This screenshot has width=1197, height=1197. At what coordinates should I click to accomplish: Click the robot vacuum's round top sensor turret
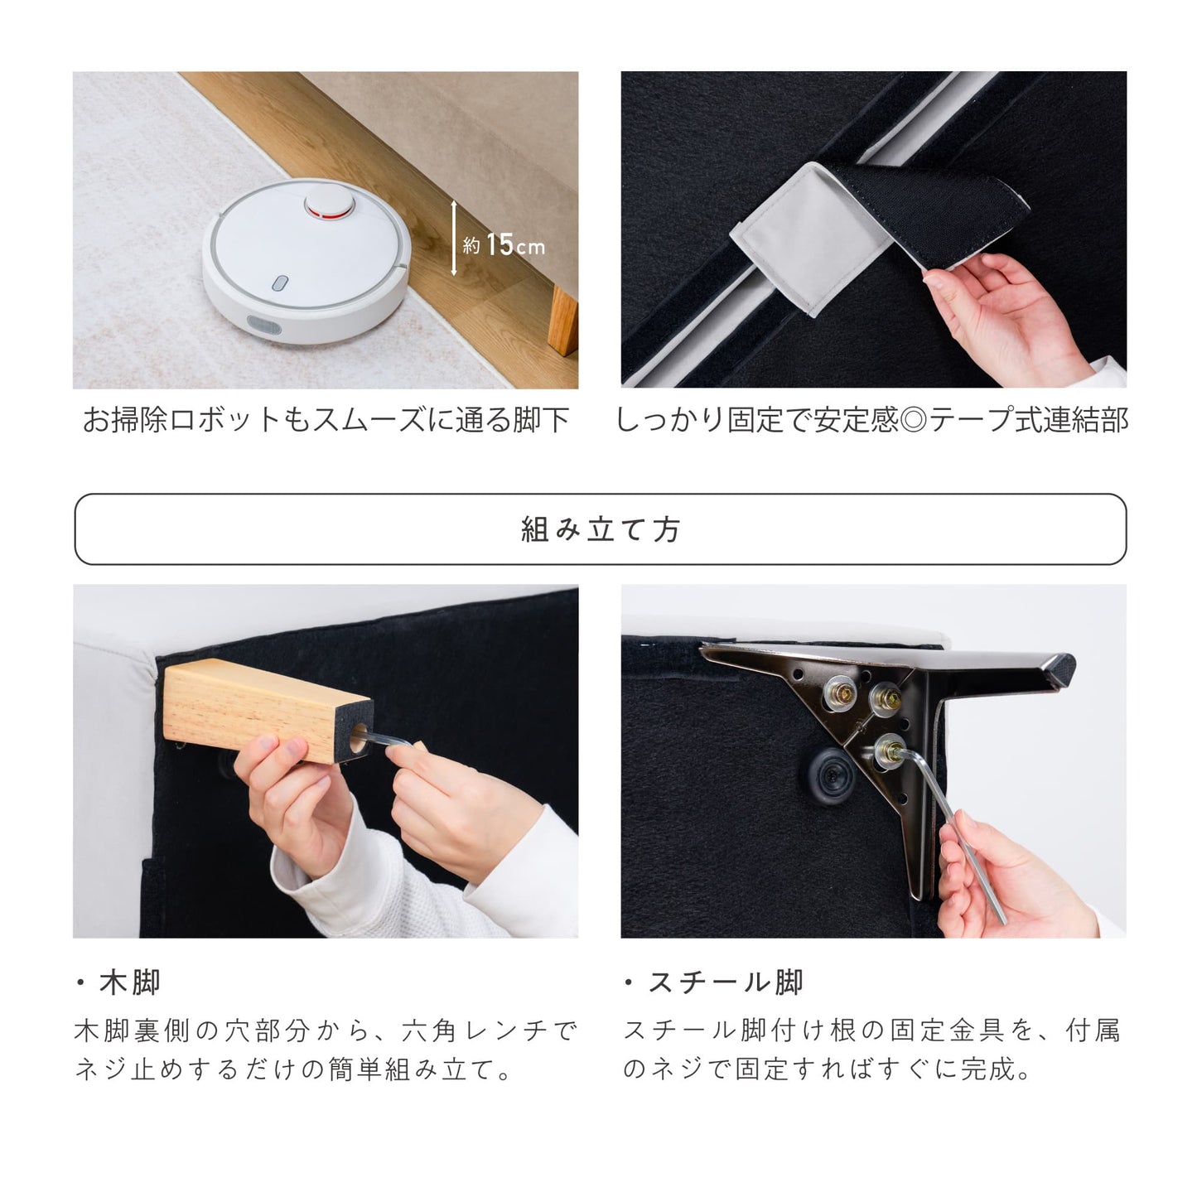pyautogui.click(x=329, y=203)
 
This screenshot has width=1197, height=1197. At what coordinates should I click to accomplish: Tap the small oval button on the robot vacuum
pyautogui.click(x=279, y=283)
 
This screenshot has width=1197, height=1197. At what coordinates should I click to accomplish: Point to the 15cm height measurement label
pyautogui.click(x=504, y=244)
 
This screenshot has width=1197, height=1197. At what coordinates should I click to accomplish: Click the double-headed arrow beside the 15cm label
pyautogui.click(x=453, y=238)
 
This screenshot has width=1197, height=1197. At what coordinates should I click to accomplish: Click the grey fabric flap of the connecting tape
pyautogui.click(x=808, y=239)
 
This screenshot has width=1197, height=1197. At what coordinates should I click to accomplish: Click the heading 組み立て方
pyautogui.click(x=600, y=530)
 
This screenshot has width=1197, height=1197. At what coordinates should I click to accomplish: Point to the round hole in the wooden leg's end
pyautogui.click(x=359, y=738)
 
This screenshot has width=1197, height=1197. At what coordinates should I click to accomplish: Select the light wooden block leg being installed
pyautogui.click(x=267, y=711)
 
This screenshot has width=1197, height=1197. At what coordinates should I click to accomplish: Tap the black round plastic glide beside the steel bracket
pyautogui.click(x=832, y=776)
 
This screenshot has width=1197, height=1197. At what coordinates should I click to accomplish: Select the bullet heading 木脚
pyautogui.click(x=118, y=982)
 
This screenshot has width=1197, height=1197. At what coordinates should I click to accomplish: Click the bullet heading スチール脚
pyautogui.click(x=714, y=982)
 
